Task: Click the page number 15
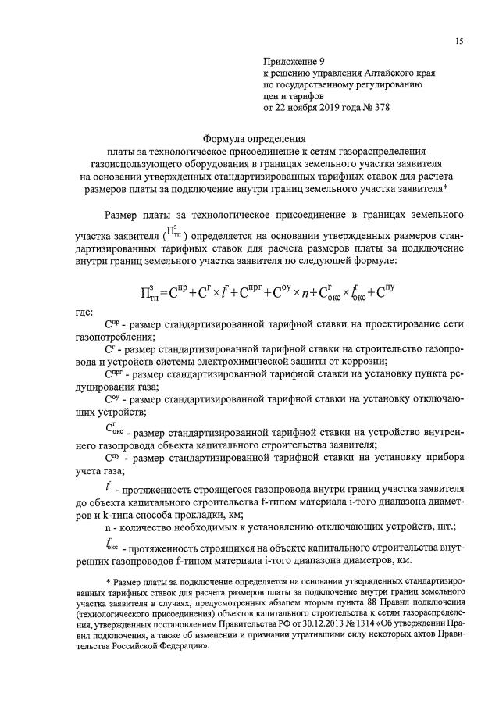461,41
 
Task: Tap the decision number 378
380,108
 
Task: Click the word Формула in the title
226,134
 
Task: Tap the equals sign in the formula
162,295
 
